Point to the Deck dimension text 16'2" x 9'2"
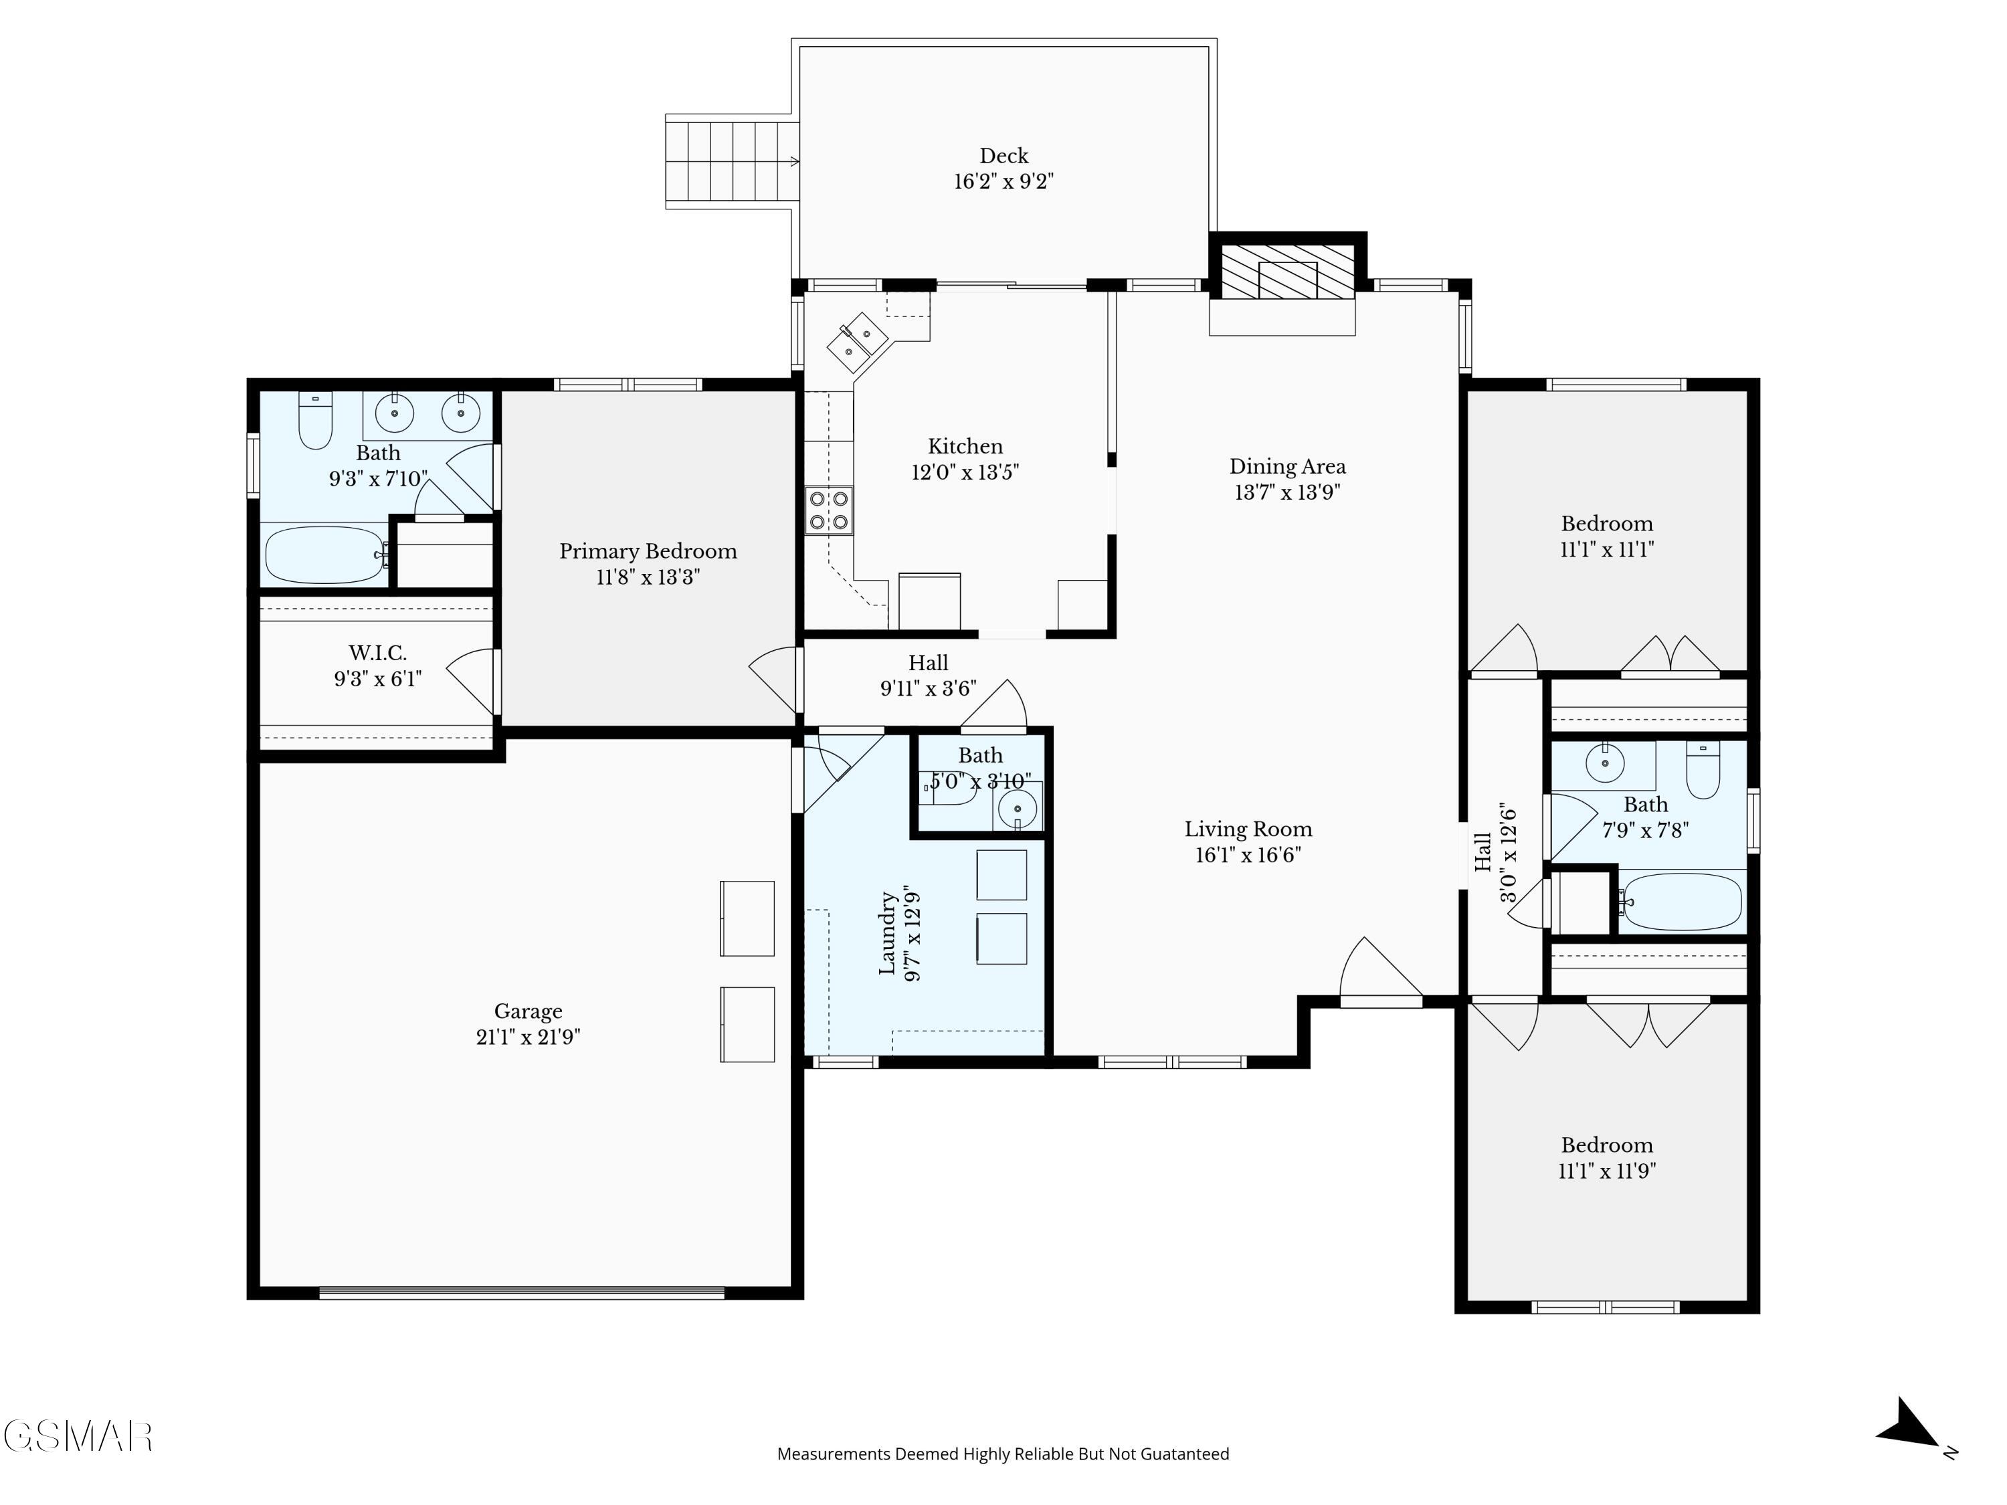point(1004,181)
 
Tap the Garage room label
point(528,1011)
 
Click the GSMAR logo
point(78,1437)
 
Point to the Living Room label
point(1248,829)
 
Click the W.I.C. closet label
point(377,653)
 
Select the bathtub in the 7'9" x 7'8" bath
point(1682,902)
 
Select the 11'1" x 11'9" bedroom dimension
point(1607,1171)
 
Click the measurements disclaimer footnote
point(1003,1454)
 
